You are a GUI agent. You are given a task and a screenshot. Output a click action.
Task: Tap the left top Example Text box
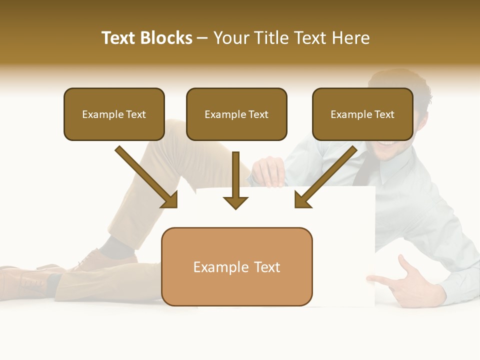[114, 114]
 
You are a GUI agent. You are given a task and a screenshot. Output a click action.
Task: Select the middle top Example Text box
[236, 114]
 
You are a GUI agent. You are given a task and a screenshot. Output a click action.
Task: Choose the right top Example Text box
[362, 114]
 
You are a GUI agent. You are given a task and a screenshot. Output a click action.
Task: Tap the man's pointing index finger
[380, 280]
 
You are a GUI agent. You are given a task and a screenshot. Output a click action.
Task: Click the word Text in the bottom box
[265, 267]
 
